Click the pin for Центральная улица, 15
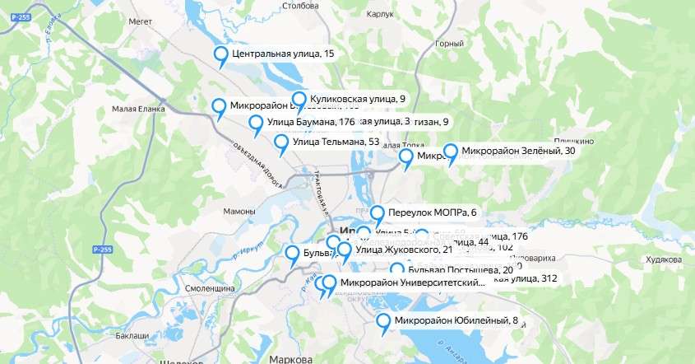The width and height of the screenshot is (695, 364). [x=220, y=56]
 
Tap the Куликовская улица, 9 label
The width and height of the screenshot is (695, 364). [x=358, y=99]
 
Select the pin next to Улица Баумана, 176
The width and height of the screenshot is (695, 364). [x=256, y=125]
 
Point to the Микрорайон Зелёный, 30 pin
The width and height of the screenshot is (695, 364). [x=451, y=153]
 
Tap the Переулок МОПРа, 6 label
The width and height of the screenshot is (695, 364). [x=432, y=212]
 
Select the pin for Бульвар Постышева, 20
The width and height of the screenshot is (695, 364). [x=398, y=271]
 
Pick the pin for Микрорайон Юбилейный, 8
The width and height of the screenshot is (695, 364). [x=383, y=323]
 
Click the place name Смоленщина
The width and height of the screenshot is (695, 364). [x=211, y=289]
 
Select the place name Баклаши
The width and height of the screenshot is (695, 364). [x=132, y=336]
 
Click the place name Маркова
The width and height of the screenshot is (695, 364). [x=290, y=359]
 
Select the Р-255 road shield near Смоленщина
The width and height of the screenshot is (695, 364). [x=102, y=249]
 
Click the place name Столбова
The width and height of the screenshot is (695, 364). [x=300, y=6]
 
